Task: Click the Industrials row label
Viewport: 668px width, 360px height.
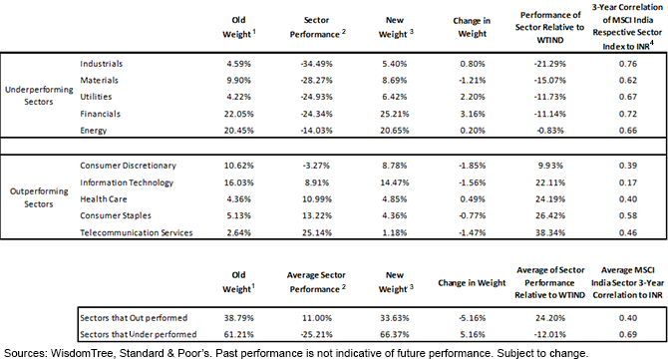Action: point(101,64)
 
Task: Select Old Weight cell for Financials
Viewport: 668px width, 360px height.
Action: point(238,114)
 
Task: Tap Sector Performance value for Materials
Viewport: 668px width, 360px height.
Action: point(316,80)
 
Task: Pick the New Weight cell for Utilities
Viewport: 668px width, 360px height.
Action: point(395,97)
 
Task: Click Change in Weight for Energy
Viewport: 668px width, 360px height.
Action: point(472,131)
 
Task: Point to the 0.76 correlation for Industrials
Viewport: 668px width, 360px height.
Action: point(627,64)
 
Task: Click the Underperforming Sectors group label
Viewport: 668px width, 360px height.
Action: point(39,96)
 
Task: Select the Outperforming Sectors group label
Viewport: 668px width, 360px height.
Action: point(39,197)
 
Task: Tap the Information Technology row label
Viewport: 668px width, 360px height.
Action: point(127,182)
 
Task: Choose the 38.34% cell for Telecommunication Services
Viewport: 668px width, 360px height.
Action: point(550,232)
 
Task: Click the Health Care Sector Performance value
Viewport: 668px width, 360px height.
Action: point(316,199)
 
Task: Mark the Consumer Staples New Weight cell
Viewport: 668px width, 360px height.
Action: point(395,215)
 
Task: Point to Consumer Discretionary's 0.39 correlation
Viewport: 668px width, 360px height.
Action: point(627,166)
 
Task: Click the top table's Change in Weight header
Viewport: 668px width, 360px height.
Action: point(472,27)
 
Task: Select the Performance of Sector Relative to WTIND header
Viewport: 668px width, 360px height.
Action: point(550,27)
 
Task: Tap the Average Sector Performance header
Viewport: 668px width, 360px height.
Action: point(316,282)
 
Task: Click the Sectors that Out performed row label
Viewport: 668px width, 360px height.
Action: point(134,318)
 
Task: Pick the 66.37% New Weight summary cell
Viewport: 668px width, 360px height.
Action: point(395,334)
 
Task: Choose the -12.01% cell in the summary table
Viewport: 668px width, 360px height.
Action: point(550,334)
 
